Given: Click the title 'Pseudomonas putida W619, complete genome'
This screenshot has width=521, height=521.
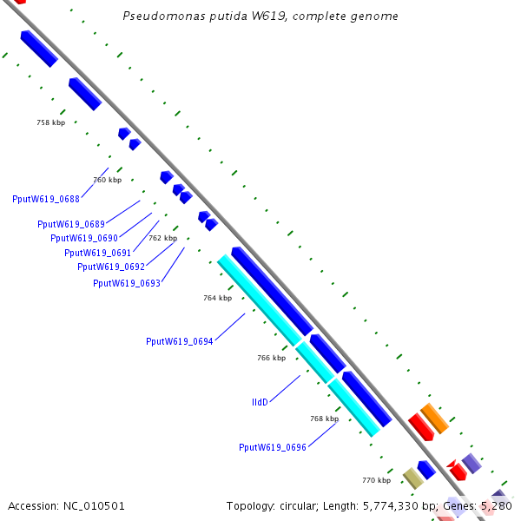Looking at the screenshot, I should coord(260,16).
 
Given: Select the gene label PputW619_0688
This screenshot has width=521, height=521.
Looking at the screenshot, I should coord(46,199).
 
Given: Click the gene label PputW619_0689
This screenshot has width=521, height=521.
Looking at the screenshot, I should coord(71,224).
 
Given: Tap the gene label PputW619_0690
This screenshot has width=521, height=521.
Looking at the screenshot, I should coord(84,238).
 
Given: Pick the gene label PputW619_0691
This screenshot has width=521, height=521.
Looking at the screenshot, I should coord(98,253).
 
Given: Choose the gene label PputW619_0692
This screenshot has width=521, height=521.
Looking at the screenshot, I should coord(111,267).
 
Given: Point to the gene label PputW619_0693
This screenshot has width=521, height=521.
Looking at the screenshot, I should coord(127,282).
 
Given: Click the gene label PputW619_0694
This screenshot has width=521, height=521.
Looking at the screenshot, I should coord(180,341).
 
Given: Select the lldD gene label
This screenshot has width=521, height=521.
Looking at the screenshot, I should coord(260,402).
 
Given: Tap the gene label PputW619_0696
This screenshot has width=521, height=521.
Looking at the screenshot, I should coord(273,447).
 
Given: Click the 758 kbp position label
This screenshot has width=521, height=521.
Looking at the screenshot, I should coord(50,123).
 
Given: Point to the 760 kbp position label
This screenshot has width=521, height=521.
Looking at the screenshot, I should coord(108,180).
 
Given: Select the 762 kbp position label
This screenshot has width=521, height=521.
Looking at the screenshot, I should coord(162,238).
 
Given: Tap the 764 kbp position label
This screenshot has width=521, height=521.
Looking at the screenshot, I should coord(218,298).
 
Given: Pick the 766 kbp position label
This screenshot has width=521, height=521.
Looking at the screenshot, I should coord(271,358).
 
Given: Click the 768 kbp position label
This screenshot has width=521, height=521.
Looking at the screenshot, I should coord(324,419).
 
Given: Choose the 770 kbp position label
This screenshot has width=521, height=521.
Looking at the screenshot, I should coord(376,480).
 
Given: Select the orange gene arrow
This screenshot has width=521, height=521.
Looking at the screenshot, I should coord(434,418).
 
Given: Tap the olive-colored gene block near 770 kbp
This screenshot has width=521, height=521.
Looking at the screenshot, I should coord(413,478).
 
